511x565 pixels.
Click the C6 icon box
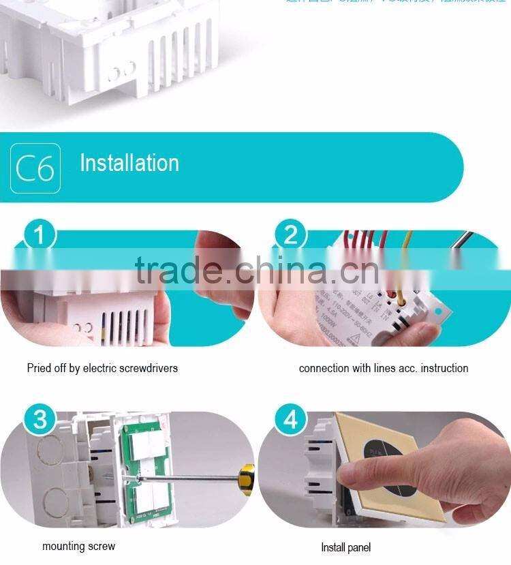(35, 168)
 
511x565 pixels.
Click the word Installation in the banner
(129, 163)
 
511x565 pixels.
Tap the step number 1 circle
(40, 236)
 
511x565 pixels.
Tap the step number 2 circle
(291, 236)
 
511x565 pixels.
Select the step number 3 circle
(40, 419)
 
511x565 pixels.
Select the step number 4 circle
(291, 419)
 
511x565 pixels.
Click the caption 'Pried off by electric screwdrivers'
(102, 368)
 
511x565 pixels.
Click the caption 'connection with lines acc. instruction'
(384, 368)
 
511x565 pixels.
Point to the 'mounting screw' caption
(78, 546)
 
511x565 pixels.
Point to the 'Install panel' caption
(346, 547)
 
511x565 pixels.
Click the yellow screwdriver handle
(248, 479)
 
